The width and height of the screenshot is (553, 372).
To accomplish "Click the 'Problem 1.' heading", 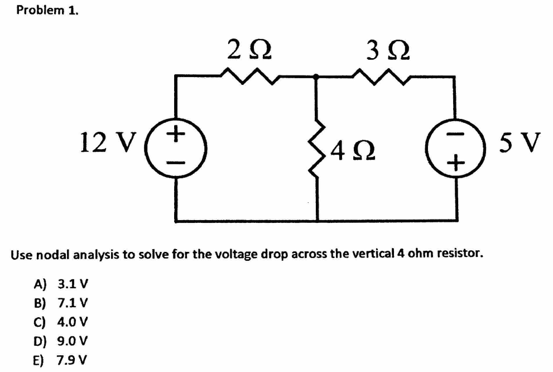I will point(47,11).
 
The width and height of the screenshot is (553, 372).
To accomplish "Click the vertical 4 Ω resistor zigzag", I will point(318,148).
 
